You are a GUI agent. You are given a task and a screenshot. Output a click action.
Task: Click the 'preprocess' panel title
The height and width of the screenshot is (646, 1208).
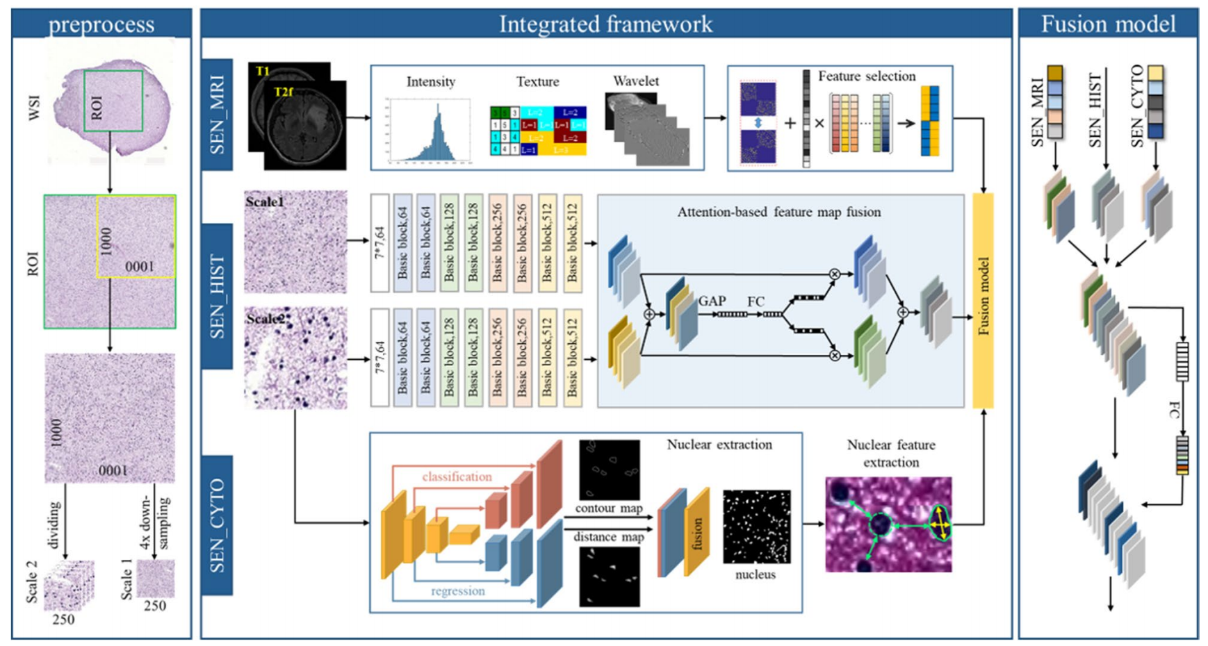(x=101, y=24)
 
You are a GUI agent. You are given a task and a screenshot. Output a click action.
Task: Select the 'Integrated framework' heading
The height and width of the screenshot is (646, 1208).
(x=605, y=24)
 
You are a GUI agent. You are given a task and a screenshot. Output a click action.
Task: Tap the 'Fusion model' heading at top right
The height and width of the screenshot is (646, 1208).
(x=1108, y=24)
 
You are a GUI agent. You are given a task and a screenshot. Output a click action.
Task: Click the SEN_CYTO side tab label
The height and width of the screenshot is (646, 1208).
(x=218, y=526)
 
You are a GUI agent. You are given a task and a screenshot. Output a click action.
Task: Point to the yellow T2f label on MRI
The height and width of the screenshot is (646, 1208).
(x=284, y=92)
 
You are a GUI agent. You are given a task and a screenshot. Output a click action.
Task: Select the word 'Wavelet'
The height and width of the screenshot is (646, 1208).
(x=635, y=81)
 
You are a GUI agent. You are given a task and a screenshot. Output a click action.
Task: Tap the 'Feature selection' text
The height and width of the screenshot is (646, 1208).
(x=866, y=76)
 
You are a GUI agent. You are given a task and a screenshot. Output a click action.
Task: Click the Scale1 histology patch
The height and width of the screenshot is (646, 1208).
(x=295, y=242)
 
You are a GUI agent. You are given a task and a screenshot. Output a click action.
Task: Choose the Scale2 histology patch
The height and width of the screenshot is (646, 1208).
(x=295, y=358)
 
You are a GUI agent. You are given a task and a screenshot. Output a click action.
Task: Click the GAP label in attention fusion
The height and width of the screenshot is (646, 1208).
(x=712, y=301)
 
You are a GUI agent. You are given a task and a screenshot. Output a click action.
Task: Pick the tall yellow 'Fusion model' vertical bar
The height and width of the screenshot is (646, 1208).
(x=983, y=300)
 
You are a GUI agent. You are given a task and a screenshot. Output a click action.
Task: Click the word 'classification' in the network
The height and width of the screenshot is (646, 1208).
(x=457, y=477)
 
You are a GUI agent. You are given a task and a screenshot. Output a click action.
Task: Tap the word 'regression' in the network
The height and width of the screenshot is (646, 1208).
(x=457, y=591)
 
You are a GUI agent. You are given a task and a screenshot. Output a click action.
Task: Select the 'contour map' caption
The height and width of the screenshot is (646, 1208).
(x=609, y=508)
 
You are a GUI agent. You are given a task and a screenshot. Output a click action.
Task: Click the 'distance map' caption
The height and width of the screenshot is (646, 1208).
(x=609, y=537)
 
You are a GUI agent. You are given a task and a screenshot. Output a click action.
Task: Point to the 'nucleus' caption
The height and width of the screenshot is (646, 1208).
(x=756, y=574)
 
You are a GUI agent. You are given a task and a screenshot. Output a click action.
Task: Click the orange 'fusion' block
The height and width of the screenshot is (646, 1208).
(x=697, y=532)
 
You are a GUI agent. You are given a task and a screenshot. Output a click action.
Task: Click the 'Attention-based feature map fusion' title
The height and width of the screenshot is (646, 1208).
(x=778, y=212)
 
